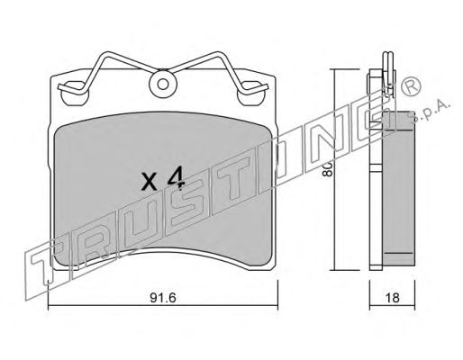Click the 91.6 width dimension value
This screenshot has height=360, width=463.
(x=163, y=298)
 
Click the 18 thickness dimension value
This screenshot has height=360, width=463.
(x=393, y=298)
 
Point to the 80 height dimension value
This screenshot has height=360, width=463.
(x=326, y=169)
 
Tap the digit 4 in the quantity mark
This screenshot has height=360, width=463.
(x=176, y=179)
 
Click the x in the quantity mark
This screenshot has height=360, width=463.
(x=150, y=182)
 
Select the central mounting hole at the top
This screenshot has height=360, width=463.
(x=163, y=85)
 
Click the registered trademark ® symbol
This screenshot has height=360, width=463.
(x=412, y=86)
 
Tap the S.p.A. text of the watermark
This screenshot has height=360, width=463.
(x=431, y=112)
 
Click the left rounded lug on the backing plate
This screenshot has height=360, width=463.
(x=75, y=93)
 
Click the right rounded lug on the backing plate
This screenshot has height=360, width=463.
(x=251, y=93)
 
